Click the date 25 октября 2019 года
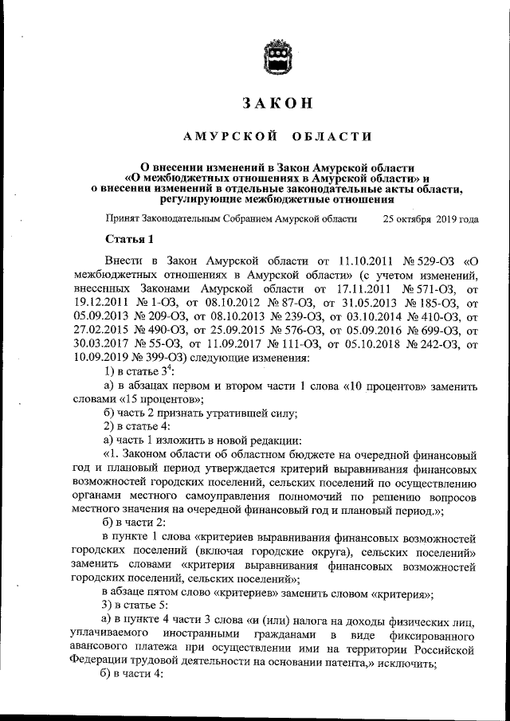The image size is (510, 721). coord(430,219)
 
